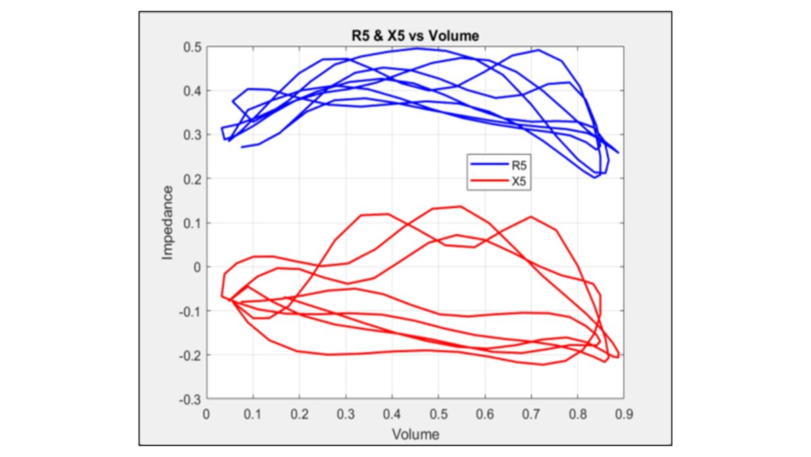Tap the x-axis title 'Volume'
pyautogui.click(x=416, y=434)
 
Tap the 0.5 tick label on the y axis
pyautogui.click(x=193, y=47)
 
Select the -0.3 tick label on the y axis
pyautogui.click(x=191, y=400)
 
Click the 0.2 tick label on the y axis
pyautogui.click(x=193, y=179)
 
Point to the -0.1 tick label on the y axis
pyautogui.click(x=191, y=312)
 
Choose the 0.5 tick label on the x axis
pyautogui.click(x=439, y=413)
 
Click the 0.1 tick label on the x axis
pyautogui.click(x=253, y=413)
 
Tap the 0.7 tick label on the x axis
pyautogui.click(x=531, y=413)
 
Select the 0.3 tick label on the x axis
pyautogui.click(x=346, y=413)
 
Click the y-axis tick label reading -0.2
pyautogui.click(x=191, y=356)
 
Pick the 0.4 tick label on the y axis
pyautogui.click(x=193, y=91)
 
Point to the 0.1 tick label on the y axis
pyautogui.click(x=193, y=223)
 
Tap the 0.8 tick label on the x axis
pyautogui.click(x=577, y=413)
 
